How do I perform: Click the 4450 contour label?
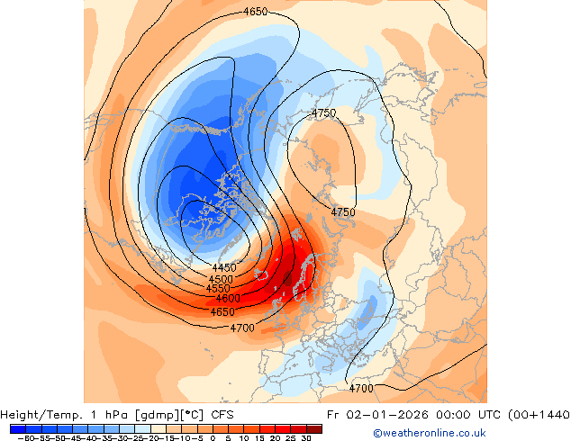(224, 268)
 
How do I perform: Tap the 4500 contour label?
(221, 279)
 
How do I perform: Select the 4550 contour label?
(218, 289)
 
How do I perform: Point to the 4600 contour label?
(228, 298)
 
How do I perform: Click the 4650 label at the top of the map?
(256, 12)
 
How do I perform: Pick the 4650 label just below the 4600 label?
(222, 311)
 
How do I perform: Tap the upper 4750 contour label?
(323, 113)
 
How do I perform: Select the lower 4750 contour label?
(343, 212)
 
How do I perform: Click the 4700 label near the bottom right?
(360, 389)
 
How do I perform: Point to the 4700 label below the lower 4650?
(241, 328)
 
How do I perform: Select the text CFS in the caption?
(222, 415)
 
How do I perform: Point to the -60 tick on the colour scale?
(23, 437)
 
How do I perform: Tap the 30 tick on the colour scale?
(307, 437)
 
